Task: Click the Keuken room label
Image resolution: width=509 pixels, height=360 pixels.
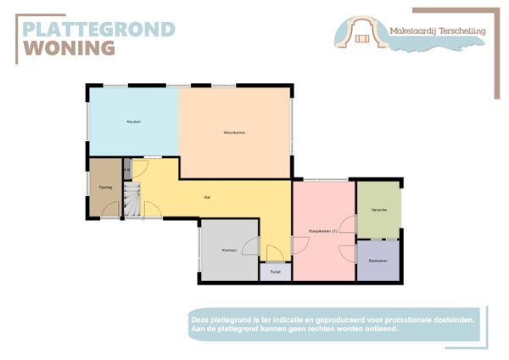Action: click(133, 122)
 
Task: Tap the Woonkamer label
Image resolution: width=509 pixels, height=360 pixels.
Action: click(234, 133)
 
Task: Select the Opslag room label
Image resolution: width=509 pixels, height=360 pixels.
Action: click(105, 187)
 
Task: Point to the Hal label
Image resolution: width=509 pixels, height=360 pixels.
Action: click(207, 198)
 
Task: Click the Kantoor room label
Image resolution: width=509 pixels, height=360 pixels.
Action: click(229, 250)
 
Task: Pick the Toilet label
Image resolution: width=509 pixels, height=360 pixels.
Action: click(275, 273)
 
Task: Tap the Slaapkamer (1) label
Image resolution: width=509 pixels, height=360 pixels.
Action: click(323, 231)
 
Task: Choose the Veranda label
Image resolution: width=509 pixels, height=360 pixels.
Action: click(378, 209)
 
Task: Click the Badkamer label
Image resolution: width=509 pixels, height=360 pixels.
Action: click(378, 260)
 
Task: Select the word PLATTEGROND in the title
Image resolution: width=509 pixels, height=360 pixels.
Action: click(98, 30)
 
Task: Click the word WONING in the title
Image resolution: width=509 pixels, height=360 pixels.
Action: click(68, 48)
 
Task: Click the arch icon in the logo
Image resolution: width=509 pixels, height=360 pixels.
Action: click(364, 32)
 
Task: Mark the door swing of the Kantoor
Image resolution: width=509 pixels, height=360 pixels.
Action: click(251, 246)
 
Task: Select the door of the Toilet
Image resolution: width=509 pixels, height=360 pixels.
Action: click(275, 254)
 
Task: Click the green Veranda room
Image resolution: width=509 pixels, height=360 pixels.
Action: click(378, 217)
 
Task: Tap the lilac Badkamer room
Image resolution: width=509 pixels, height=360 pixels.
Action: click(378, 267)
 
